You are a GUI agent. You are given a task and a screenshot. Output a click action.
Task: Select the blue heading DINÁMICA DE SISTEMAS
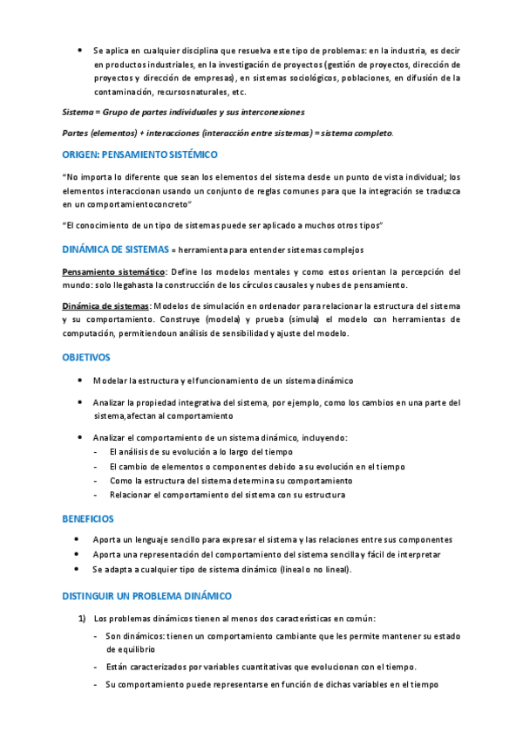115,249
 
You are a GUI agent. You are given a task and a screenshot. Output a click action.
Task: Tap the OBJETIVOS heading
86,358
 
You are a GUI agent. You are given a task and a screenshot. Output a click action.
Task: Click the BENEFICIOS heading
88,518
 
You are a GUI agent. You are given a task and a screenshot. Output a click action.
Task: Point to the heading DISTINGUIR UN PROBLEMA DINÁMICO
146,596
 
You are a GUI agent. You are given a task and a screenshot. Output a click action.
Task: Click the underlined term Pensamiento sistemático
113,272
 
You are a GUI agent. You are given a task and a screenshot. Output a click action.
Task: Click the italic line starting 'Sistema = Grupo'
183,113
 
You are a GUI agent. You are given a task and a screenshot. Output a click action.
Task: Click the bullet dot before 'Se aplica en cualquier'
80,51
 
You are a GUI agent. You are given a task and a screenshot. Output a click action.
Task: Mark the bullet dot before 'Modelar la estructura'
80,381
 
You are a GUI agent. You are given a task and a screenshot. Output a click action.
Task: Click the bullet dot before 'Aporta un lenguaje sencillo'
80,539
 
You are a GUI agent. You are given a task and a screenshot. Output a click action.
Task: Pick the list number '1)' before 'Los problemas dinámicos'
80,620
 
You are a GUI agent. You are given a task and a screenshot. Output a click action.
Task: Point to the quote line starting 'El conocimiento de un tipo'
223,226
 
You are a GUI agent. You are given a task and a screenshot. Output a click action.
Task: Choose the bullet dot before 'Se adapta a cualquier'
80,569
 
